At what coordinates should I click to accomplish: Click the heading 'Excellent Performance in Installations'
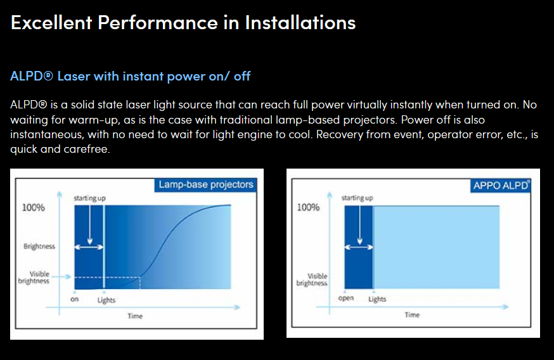pyautogui.click(x=183, y=22)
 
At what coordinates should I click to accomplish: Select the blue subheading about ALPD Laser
pyautogui.click(x=131, y=76)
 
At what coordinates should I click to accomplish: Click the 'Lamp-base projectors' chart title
pyautogui.click(x=205, y=184)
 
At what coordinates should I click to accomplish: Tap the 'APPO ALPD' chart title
pyautogui.click(x=501, y=186)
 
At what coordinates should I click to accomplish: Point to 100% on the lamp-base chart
pyautogui.click(x=34, y=207)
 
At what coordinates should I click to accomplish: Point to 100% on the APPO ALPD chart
pyautogui.click(x=308, y=207)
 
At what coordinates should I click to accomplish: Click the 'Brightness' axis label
pyautogui.click(x=39, y=247)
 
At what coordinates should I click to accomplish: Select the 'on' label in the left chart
pyautogui.click(x=74, y=299)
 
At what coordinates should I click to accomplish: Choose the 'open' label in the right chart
pyautogui.click(x=346, y=298)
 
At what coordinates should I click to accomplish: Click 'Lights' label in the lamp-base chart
pyautogui.click(x=106, y=300)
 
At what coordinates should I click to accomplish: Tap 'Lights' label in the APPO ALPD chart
pyautogui.click(x=377, y=299)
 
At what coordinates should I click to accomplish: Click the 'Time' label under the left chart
pyautogui.click(x=135, y=316)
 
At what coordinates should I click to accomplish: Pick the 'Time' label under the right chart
pyautogui.click(x=412, y=315)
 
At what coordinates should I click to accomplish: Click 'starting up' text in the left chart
pyautogui.click(x=90, y=198)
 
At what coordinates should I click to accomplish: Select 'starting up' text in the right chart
pyautogui.click(x=357, y=198)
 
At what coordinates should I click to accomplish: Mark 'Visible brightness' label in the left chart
pyautogui.click(x=34, y=278)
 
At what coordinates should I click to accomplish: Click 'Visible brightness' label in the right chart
pyautogui.click(x=312, y=280)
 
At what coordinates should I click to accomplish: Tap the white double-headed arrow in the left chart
pyautogui.click(x=89, y=247)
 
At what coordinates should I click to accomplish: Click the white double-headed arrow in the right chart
pyautogui.click(x=359, y=247)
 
